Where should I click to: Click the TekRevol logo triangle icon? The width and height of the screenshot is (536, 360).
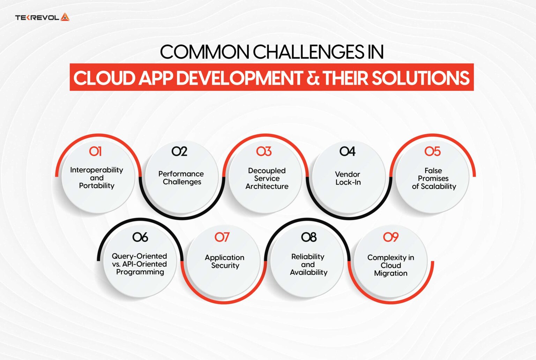tap(65, 17)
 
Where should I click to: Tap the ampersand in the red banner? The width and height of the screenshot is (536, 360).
tap(313, 78)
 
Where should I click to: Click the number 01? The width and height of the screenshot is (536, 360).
tap(95, 152)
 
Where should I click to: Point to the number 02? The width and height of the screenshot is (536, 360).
tap(179, 152)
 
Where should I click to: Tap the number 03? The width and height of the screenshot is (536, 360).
tap(264, 152)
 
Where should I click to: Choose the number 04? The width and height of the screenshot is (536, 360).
tap(348, 152)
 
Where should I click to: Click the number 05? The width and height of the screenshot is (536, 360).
tap(432, 152)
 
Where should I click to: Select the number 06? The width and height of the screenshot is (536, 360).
tap(140, 237)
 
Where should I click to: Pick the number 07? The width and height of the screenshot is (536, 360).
tap(222, 237)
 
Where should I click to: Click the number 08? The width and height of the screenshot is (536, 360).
tap(309, 237)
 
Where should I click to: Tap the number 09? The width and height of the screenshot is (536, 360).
tap(391, 237)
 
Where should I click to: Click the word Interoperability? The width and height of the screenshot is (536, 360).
tap(97, 170)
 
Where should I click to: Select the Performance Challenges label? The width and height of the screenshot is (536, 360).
tap(181, 178)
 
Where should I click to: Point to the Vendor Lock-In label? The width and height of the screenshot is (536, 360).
tap(348, 178)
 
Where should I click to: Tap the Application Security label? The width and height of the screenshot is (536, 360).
tap(225, 262)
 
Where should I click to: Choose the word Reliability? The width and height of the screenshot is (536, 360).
tap(308, 257)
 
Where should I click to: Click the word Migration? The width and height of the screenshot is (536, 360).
tap(391, 273)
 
